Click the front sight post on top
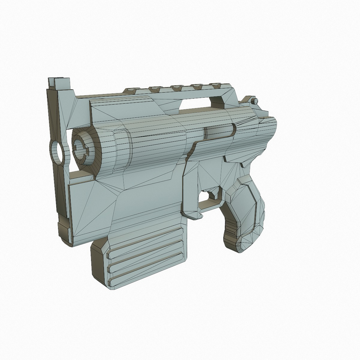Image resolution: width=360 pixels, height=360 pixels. [59, 82]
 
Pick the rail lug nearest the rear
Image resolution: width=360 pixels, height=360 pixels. [217, 86]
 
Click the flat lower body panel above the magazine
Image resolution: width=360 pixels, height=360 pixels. [147, 200]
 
